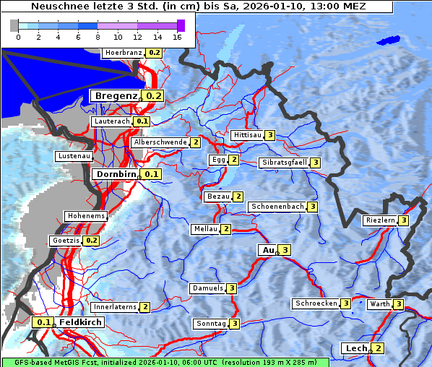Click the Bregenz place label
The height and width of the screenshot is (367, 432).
coord(115,95)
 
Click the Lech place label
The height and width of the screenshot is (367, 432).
coord(356,348)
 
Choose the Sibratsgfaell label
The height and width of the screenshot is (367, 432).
coord(284,163)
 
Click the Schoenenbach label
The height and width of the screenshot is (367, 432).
coord(277,207)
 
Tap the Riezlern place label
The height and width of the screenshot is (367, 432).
coord(380,220)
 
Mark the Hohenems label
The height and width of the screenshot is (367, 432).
coord(85,216)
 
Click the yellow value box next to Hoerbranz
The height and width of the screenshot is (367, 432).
coord(155,53)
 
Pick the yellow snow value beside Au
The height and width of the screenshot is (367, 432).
coord(285,250)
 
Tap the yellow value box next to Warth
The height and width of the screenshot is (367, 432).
coord(398,304)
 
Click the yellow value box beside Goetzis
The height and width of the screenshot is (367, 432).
coord(91,240)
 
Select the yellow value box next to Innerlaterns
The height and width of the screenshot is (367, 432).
coord(144,307)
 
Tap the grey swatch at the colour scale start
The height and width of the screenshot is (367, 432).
coord(14,25)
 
